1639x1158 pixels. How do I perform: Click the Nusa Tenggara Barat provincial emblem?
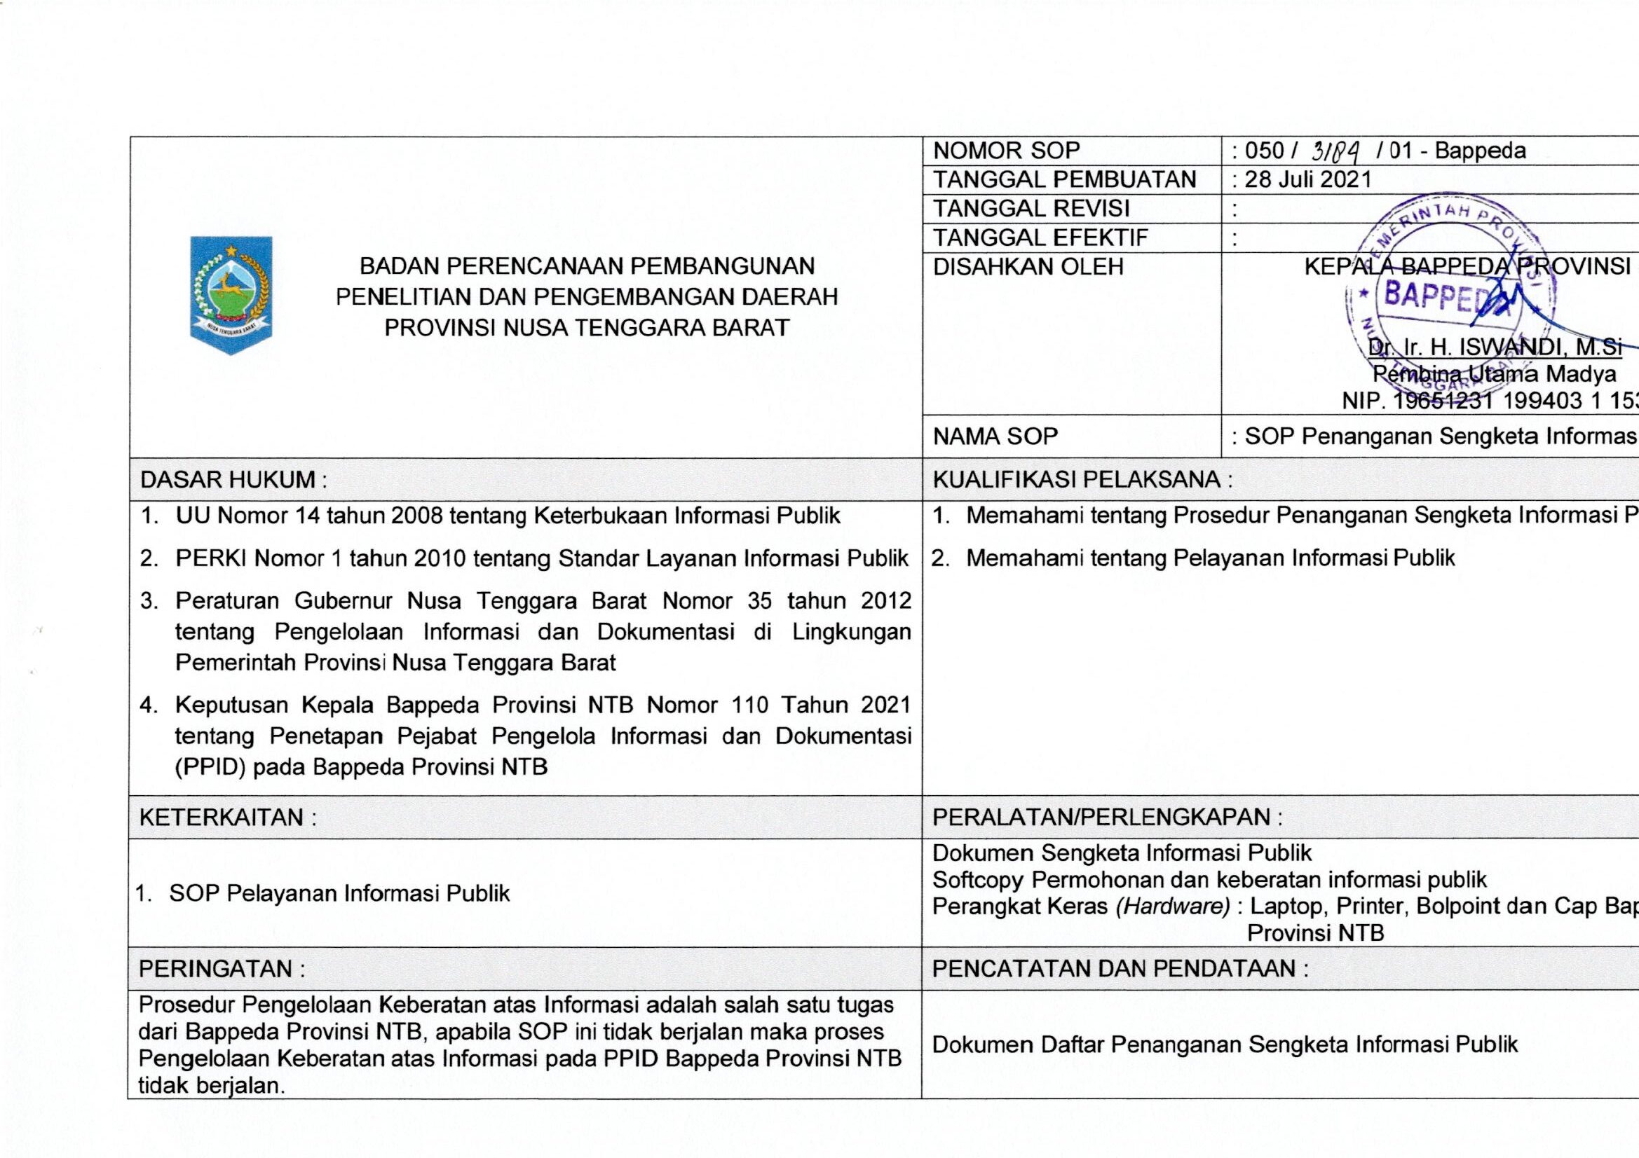230,295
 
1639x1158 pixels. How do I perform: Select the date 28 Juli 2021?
1308,179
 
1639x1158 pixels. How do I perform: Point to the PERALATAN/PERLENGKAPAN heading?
1107,817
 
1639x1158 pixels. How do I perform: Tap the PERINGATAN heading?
222,969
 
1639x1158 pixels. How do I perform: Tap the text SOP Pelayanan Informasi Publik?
339,893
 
